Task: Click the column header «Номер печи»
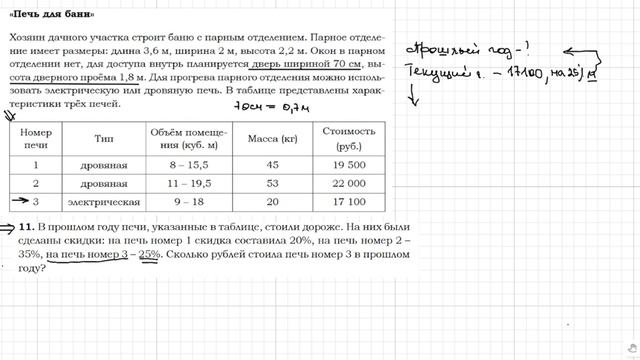(36, 137)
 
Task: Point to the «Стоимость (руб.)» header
(348, 137)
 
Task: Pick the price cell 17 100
(348, 202)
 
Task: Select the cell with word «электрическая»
(104, 202)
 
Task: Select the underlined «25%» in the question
(149, 255)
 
